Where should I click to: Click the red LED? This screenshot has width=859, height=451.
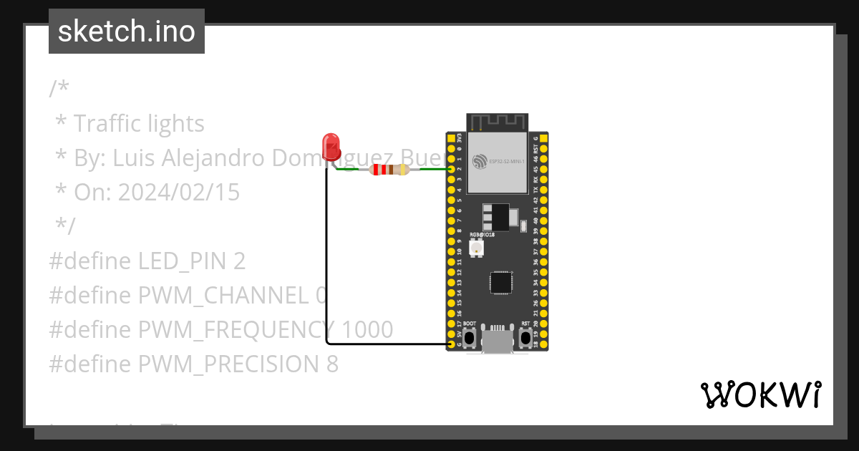point(331,145)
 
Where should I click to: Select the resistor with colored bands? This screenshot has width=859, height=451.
point(388,170)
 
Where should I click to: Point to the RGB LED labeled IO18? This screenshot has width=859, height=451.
point(476,248)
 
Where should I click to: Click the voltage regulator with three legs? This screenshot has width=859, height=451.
point(498,216)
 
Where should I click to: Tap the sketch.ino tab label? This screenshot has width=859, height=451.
point(127,31)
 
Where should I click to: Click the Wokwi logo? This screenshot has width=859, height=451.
point(760,394)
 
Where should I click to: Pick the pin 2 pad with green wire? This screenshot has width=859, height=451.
point(451,170)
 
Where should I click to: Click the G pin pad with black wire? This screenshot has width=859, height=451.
point(451,344)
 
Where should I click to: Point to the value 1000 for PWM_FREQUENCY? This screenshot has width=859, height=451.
point(367,329)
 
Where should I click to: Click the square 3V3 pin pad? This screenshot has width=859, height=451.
point(451,137)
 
